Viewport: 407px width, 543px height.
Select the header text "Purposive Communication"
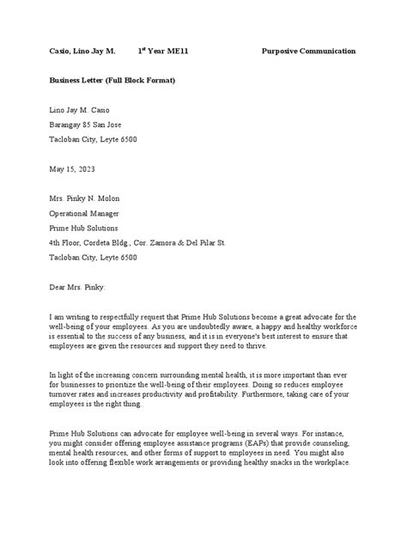pos(308,52)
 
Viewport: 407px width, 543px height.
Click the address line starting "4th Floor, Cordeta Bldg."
pos(137,243)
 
